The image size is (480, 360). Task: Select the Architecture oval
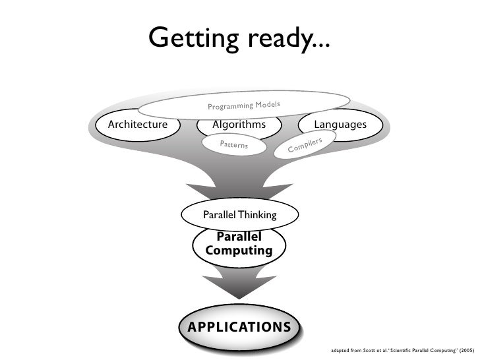[x=138, y=124]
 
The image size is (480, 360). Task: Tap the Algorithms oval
[x=239, y=124]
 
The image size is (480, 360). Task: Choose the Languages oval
[x=340, y=124]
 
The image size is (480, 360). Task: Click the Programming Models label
[x=244, y=104]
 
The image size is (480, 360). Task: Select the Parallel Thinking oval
[x=240, y=215]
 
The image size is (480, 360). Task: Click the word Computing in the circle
[x=239, y=251]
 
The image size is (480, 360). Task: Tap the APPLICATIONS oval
[x=239, y=327]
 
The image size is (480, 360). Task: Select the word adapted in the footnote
[x=341, y=351]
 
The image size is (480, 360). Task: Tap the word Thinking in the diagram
[x=258, y=215]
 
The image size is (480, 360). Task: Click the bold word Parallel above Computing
[x=239, y=237]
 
